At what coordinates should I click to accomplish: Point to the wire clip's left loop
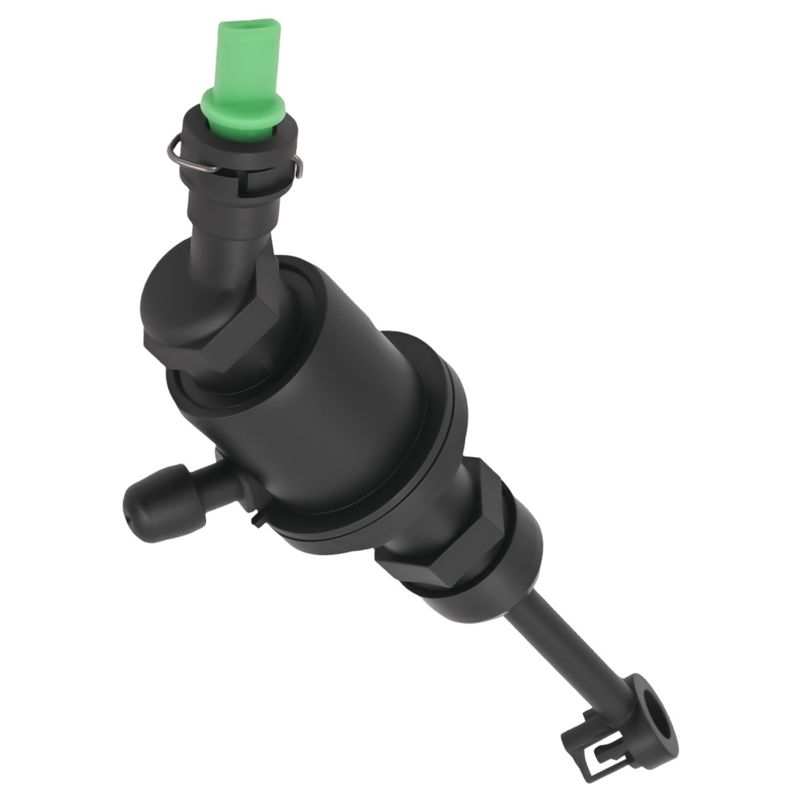177,150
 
